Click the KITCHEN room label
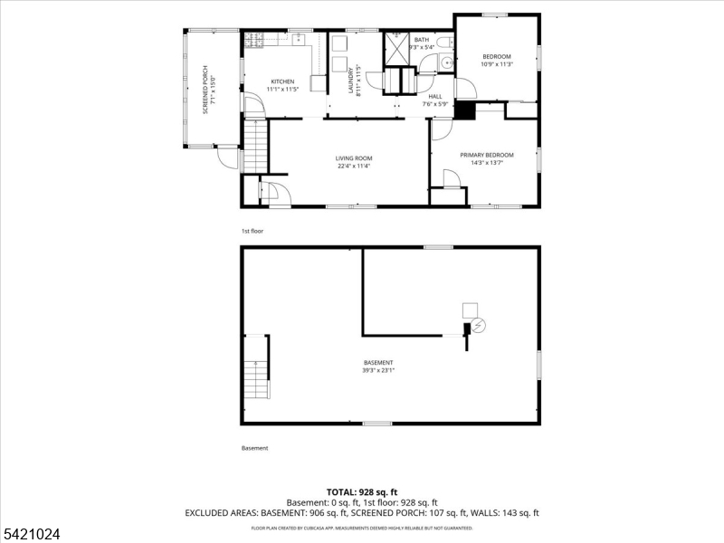283,81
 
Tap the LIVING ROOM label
355,158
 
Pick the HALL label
435,96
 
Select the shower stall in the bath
396,50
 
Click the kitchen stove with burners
254,41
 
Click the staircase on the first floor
256,148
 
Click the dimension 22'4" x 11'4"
355,166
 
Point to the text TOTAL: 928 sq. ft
362,491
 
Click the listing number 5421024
32,534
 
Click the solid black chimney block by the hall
464,110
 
